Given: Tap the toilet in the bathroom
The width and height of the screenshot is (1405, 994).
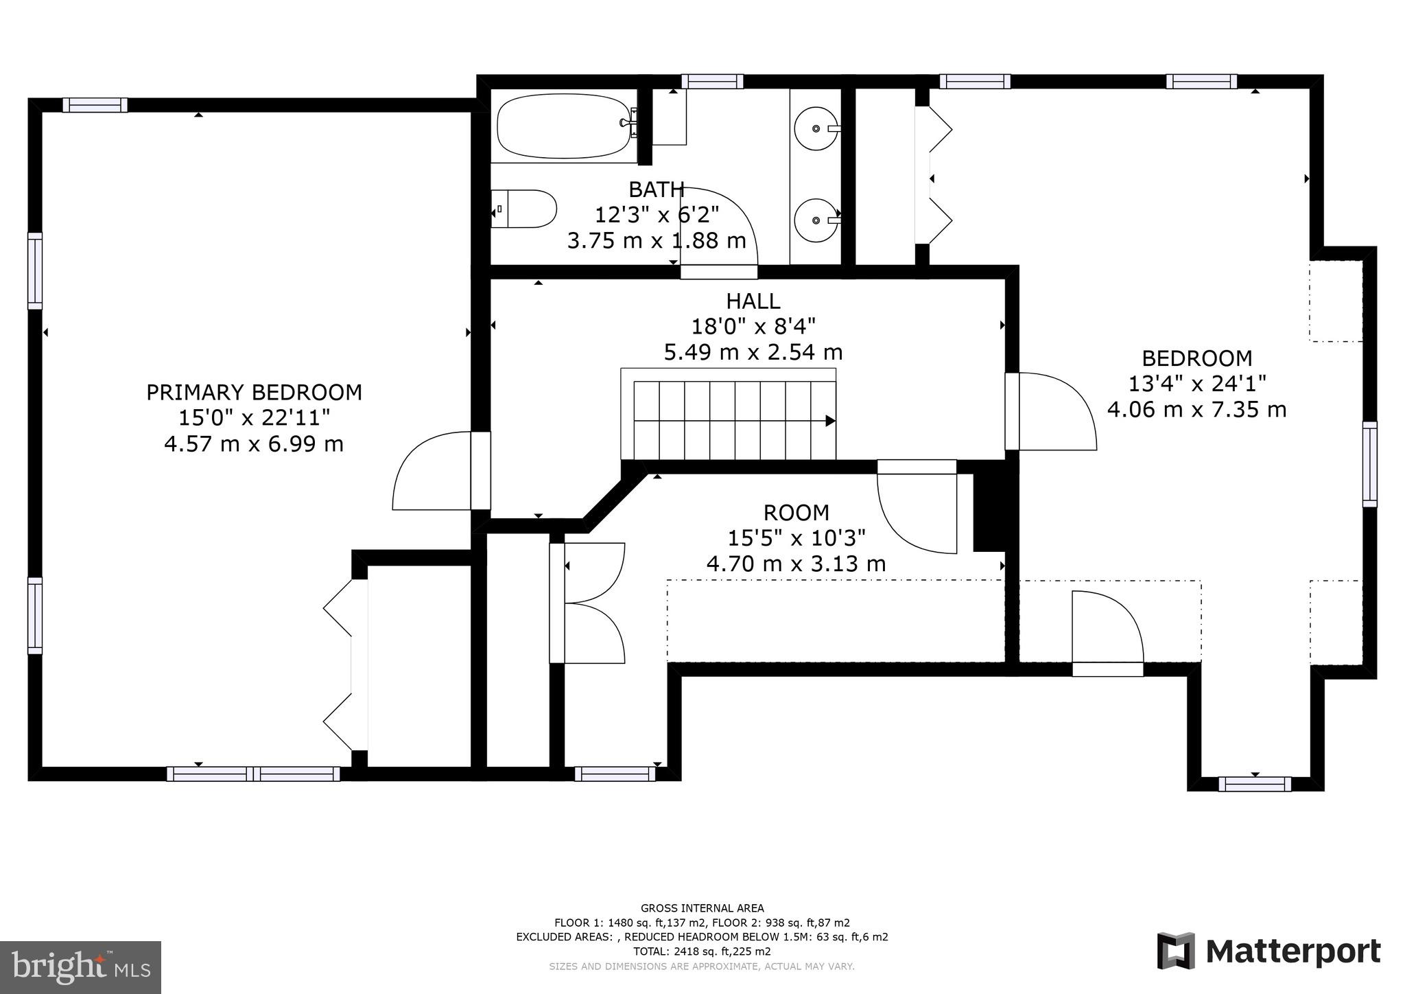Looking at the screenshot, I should point(525,209).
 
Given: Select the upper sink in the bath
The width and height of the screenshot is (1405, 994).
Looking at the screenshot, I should point(816,128).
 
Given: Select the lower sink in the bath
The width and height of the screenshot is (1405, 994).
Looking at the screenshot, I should point(816,220).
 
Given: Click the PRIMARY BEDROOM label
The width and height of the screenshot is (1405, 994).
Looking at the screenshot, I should point(254,393).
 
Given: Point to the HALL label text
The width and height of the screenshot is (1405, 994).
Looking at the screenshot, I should point(753,301).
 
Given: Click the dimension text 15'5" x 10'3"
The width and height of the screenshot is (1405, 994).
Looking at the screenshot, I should point(796,538).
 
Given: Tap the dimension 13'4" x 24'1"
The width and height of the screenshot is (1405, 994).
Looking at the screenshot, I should point(1196,384).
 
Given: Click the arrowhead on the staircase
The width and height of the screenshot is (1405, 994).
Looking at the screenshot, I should point(830,421).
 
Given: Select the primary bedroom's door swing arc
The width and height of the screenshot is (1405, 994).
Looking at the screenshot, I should point(425,474).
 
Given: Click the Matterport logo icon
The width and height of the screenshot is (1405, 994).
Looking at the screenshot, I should point(1176,951).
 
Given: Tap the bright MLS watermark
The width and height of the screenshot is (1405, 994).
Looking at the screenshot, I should point(80,967).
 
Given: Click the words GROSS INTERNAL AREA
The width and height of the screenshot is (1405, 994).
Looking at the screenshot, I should point(702,908).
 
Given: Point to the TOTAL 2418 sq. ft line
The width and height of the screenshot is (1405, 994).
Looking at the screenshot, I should point(702,951).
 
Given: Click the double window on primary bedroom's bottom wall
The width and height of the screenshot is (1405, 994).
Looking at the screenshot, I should point(253,774).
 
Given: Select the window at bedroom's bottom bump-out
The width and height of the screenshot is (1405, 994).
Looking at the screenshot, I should point(1255,784).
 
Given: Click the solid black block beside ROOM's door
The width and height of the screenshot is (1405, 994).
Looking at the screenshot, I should point(989,512).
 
